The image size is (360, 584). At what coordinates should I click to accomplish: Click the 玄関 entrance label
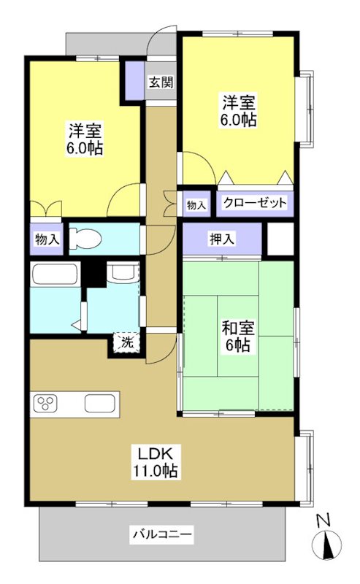pyautogui.click(x=161, y=82)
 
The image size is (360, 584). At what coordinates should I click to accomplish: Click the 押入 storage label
pyautogui.click(x=222, y=238)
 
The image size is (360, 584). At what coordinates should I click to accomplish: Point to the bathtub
pyautogui.click(x=55, y=277)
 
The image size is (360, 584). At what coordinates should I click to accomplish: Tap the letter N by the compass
pyautogui.click(x=323, y=520)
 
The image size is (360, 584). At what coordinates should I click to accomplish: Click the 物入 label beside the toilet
pyautogui.click(x=47, y=239)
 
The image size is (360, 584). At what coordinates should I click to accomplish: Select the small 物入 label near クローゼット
pyautogui.click(x=196, y=204)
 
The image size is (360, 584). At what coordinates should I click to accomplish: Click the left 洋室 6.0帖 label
pyautogui.click(x=85, y=139)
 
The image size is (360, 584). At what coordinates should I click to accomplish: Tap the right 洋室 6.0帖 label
pyautogui.click(x=239, y=110)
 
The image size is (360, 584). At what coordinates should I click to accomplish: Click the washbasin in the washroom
pyautogui.click(x=121, y=273)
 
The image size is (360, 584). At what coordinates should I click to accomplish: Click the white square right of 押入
pyautogui.click(x=279, y=238)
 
